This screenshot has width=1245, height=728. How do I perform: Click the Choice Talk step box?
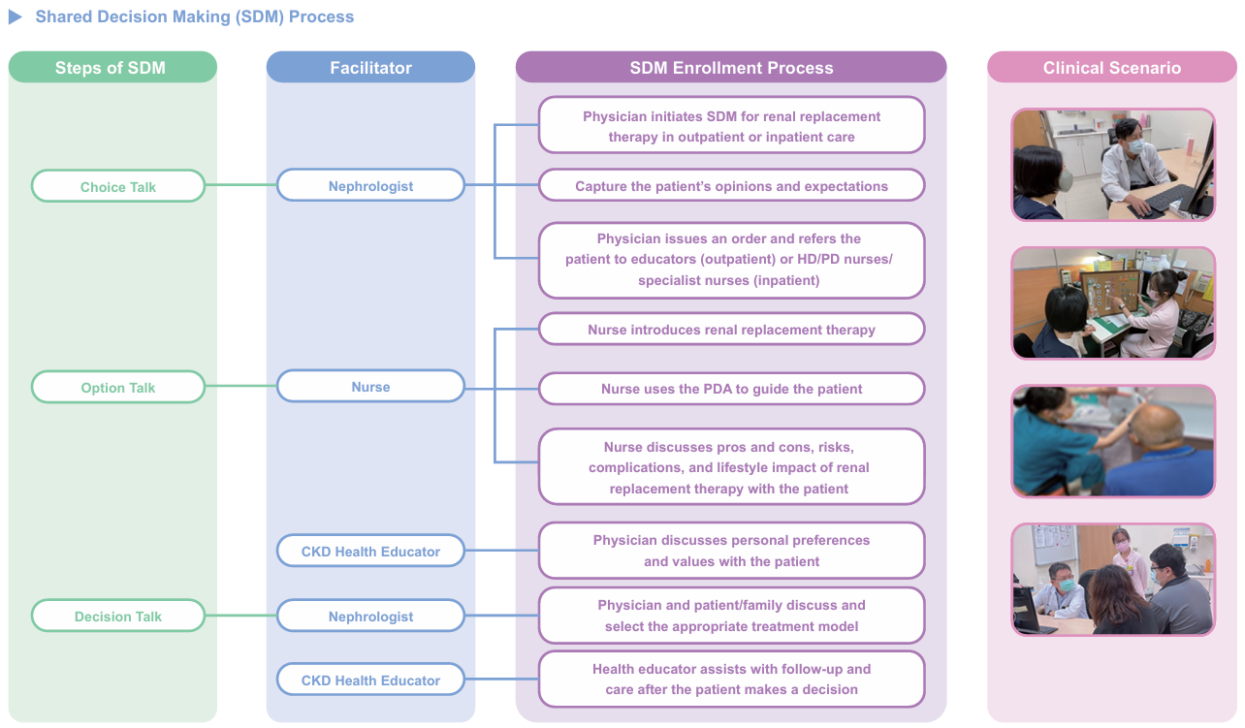pyautogui.click(x=118, y=186)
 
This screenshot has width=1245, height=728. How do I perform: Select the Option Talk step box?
pyautogui.click(x=118, y=387)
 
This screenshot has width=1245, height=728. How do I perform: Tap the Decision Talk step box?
pyautogui.click(x=118, y=616)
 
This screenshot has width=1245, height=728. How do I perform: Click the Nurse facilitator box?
pyautogui.click(x=370, y=386)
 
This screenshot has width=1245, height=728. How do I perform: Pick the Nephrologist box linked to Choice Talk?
pyautogui.click(x=370, y=185)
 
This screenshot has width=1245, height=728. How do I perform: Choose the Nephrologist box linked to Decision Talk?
pyautogui.click(x=370, y=616)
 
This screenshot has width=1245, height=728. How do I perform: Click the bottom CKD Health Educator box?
pyautogui.click(x=370, y=680)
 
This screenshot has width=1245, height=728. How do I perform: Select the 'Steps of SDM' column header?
pyautogui.click(x=112, y=67)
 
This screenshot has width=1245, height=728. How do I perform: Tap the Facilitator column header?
pyautogui.click(x=370, y=67)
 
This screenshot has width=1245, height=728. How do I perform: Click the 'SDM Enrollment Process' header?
pyautogui.click(x=731, y=67)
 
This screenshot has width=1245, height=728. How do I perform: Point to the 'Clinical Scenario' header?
pyautogui.click(x=1111, y=67)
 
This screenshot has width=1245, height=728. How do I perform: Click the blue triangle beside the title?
pyautogui.click(x=15, y=16)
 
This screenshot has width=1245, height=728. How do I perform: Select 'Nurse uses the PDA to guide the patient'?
pyautogui.click(x=731, y=389)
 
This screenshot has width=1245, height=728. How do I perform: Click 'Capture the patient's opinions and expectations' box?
pyautogui.click(x=731, y=185)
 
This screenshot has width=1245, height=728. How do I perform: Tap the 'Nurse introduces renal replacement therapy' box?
pyautogui.click(x=731, y=329)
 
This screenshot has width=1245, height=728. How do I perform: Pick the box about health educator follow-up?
pyautogui.click(x=731, y=680)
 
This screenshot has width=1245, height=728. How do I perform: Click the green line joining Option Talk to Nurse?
pyautogui.click(x=240, y=386)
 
